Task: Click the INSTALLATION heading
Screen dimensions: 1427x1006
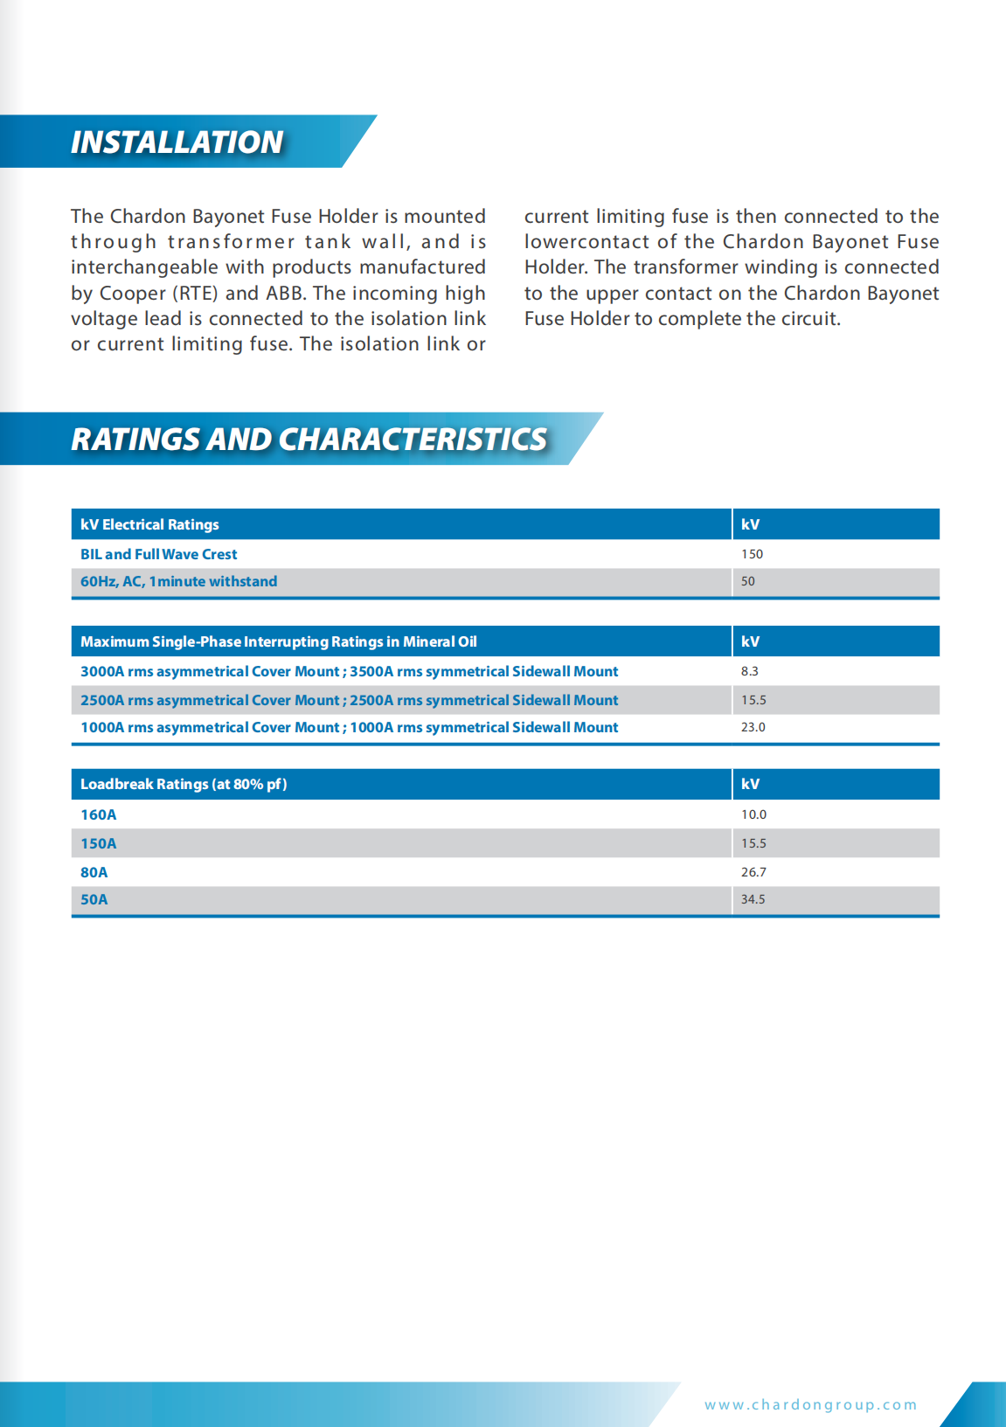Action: pyautogui.click(x=177, y=142)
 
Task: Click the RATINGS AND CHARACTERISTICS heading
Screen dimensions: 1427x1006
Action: pyautogui.click(x=309, y=439)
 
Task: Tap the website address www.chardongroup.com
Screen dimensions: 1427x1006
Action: pyautogui.click(x=810, y=1404)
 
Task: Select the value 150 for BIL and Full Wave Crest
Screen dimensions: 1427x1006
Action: pyautogui.click(x=752, y=554)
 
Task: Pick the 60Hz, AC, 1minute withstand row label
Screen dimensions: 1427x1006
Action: pyautogui.click(x=178, y=581)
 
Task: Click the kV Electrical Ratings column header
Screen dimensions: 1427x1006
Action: pyautogui.click(x=149, y=524)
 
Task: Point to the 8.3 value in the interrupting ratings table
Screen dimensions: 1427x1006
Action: pyautogui.click(x=749, y=671)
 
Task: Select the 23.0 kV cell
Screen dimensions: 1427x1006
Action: pyautogui.click(x=753, y=727)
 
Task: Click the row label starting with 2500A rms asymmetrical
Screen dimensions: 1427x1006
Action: pyautogui.click(x=349, y=700)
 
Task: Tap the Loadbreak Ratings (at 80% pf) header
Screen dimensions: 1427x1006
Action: pyautogui.click(x=184, y=784)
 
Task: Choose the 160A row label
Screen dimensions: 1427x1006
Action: pyautogui.click(x=98, y=814)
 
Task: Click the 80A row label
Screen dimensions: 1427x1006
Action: pyautogui.click(x=94, y=872)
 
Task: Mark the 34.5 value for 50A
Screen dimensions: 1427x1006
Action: pyautogui.click(x=753, y=899)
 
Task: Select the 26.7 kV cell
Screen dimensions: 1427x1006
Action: pyautogui.click(x=753, y=872)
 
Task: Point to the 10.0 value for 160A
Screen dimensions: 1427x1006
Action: pyautogui.click(x=753, y=814)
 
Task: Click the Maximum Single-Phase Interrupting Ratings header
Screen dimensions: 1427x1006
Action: pyautogui.click(x=279, y=641)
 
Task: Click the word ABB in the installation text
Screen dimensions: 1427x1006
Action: pyautogui.click(x=285, y=293)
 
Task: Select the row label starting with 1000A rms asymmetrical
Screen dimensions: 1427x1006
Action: pyautogui.click(x=349, y=727)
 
